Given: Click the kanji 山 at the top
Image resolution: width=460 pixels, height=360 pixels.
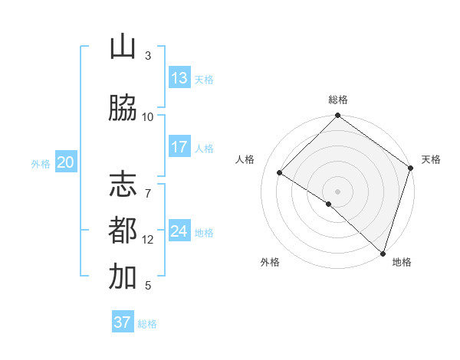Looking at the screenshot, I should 123,48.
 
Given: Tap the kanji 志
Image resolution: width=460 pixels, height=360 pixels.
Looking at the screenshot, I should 123,184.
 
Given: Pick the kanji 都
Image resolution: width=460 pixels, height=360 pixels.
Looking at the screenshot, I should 123,230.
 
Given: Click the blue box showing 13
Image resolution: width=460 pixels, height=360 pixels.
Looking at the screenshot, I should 179,78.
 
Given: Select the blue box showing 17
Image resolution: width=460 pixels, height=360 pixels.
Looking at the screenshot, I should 179,147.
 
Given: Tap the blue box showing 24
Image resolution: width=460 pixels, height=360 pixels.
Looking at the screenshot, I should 179,231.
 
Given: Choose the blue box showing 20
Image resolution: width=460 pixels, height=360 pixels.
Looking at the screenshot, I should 65,162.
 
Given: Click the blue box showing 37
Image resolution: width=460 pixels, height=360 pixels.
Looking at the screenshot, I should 123,322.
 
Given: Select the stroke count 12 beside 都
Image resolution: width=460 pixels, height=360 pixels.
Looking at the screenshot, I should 148,240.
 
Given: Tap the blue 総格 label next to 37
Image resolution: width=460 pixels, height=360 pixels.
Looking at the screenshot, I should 147,324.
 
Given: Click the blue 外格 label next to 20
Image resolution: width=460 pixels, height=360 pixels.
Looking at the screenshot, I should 41,163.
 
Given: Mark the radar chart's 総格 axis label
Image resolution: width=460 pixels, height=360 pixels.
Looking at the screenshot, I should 338,100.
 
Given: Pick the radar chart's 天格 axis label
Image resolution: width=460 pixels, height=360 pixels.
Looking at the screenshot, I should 431,159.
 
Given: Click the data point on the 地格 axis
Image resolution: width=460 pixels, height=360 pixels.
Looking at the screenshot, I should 383,253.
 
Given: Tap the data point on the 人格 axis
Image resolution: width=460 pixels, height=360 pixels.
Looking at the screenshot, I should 280,173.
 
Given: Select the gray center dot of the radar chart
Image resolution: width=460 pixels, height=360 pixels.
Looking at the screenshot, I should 337,191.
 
